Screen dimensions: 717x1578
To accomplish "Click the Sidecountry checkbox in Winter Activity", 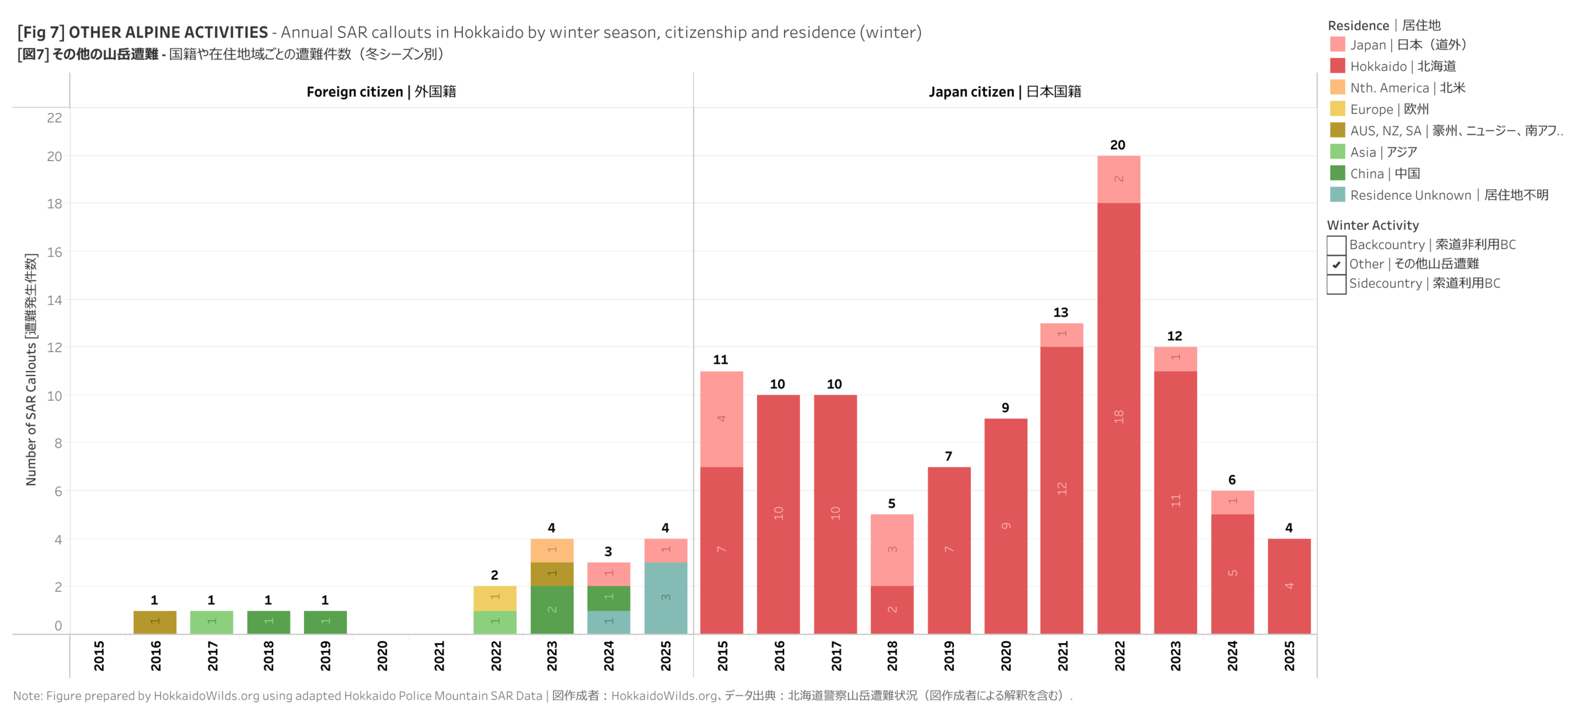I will tap(1336, 284).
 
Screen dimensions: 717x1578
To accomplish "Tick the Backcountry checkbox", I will tap(1336, 245).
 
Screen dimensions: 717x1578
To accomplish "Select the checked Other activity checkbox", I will tap(1336, 264).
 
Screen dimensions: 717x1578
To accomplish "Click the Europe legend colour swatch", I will tap(1337, 109).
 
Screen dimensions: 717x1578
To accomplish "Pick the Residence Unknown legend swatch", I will tap(1337, 195).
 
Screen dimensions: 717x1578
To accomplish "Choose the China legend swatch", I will tap(1337, 173).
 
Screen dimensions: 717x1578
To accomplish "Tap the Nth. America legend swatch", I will tap(1337, 88).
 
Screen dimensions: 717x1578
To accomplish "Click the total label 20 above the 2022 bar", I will tap(1117, 145).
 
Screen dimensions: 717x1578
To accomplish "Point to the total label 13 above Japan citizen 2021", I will tap(1060, 313).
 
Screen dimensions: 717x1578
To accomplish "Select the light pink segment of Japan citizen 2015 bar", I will tap(721, 419).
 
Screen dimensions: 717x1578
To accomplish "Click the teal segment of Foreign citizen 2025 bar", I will tap(665, 597).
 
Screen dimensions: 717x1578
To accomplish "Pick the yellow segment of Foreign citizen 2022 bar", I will tap(494, 598).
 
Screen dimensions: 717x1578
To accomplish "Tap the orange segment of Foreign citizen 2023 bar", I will tap(552, 550).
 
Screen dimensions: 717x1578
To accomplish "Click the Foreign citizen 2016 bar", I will tap(155, 621).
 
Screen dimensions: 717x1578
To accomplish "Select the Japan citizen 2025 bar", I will tap(1289, 586).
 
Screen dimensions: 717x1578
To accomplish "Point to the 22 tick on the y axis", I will tap(54, 118).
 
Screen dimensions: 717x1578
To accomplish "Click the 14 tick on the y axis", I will tap(54, 300).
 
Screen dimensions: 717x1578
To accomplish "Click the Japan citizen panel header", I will tap(1005, 92).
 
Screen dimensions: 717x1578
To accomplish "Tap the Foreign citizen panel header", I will tap(381, 92).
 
